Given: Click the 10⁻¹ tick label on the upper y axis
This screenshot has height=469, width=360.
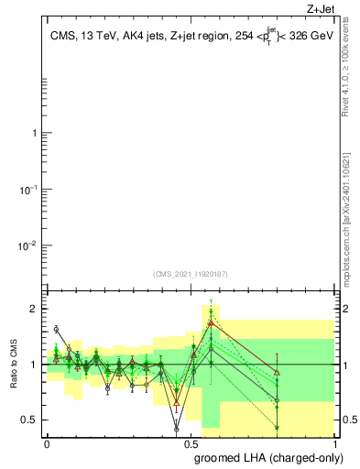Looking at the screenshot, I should pyautogui.click(x=31, y=190).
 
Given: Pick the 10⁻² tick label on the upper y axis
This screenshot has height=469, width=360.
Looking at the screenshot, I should pyautogui.click(x=31, y=245).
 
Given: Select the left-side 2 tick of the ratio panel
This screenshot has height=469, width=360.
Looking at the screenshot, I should pyautogui.click(x=37, y=309).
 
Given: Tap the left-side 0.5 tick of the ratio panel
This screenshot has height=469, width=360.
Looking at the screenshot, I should pyautogui.click(x=32, y=420).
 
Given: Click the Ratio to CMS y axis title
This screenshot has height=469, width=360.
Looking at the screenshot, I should pyautogui.click(x=13, y=365).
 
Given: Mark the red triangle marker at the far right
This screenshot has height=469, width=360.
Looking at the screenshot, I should pyautogui.click(x=277, y=371).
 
